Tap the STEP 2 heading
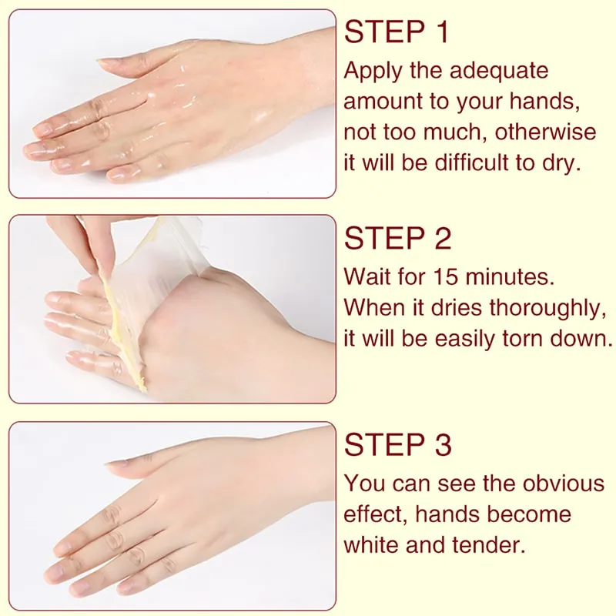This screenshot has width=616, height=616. [397, 239]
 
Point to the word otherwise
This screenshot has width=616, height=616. [545, 132]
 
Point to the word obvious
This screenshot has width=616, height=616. [564, 484]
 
